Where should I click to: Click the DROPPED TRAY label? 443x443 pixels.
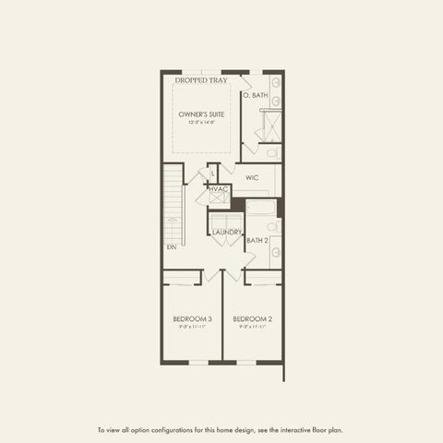(200, 81)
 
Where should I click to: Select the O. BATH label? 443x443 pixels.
(255, 95)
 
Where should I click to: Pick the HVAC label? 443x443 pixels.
(218, 189)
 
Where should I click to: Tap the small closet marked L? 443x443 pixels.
(211, 173)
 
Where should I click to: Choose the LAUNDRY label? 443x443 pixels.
(227, 233)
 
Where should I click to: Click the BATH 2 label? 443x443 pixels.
(257, 241)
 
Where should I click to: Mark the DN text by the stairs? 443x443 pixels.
(171, 247)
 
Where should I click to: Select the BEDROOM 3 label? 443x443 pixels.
(192, 319)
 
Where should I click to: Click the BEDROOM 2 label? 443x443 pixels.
(252, 319)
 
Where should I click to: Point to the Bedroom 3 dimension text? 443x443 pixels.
(192, 327)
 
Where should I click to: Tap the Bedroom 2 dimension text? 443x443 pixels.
(252, 327)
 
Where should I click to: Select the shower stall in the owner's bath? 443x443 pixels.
(270, 126)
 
